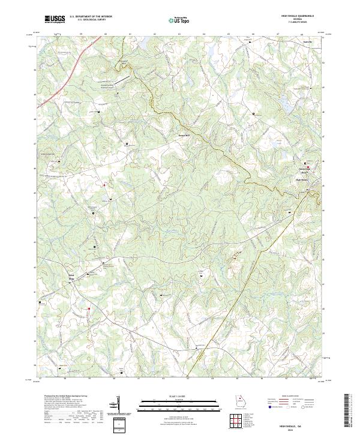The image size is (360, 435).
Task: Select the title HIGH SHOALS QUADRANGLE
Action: [298, 16]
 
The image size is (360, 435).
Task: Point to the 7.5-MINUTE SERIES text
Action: [298, 23]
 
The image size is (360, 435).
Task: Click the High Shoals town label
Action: [301, 179]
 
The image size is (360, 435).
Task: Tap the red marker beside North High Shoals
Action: [308, 163]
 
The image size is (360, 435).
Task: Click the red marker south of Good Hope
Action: [88, 309]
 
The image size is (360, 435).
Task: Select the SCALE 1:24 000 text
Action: [174, 396]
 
